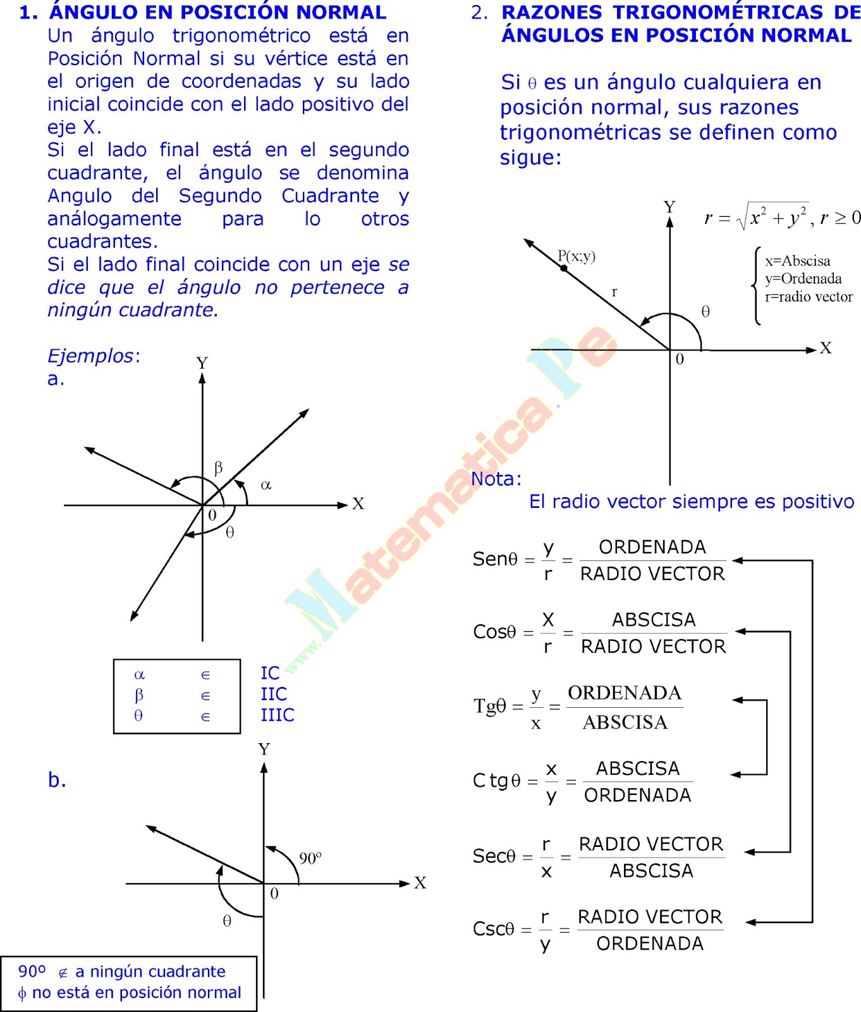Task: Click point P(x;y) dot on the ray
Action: [564, 268]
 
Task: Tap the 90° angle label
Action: [310, 858]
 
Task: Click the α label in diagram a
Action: [266, 485]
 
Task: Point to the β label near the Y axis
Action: [218, 468]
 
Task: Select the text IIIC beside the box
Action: [278, 715]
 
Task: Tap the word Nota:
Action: [496, 479]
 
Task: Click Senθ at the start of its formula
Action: [495, 559]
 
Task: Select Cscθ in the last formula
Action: [494, 929]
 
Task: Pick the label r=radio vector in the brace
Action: [809, 297]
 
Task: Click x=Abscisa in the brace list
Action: [797, 261]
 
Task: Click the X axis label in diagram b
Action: [420, 882]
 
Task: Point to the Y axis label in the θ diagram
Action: [669, 207]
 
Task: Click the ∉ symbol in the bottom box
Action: [63, 973]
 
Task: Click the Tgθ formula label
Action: [490, 705]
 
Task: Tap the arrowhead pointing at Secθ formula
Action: [749, 853]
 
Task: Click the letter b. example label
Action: [57, 781]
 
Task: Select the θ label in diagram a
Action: [230, 533]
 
